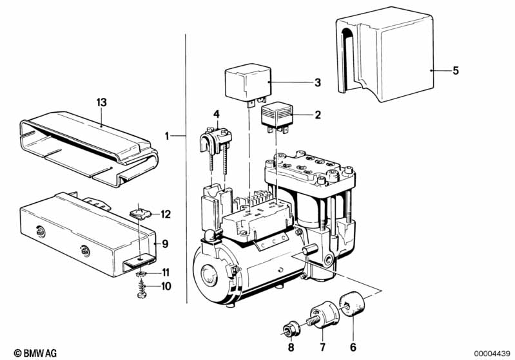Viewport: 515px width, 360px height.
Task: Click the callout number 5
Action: (x=456, y=71)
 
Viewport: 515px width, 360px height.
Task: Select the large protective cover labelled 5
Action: (x=385, y=54)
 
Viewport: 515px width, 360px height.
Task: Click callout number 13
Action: (x=102, y=102)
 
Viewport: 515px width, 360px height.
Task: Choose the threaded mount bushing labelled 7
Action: (x=324, y=314)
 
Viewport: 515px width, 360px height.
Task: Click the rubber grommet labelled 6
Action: (x=352, y=305)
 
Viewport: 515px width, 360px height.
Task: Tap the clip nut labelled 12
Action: (x=141, y=214)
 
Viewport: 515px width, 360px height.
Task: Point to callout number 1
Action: (x=167, y=135)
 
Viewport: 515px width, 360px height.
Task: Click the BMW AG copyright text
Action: (x=35, y=353)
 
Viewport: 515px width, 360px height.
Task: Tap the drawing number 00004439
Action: (x=492, y=353)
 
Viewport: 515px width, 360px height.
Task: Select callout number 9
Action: (x=165, y=244)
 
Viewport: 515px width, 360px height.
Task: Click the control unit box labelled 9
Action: (x=87, y=234)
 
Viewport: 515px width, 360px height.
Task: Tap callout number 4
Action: (x=216, y=114)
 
